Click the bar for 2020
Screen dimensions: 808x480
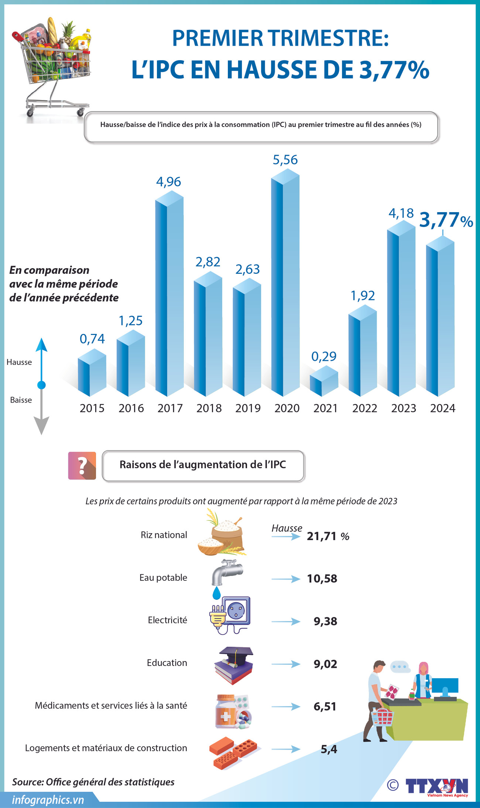285,284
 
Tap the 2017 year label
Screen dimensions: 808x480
170,408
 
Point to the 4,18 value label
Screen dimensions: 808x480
401,213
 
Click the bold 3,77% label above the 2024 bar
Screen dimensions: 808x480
446,220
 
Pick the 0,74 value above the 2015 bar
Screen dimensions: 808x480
92,339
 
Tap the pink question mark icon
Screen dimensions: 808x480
82,466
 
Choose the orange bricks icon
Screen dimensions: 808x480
233,753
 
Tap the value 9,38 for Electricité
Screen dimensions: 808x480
325,621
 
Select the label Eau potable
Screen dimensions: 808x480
163,578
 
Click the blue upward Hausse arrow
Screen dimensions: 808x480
41,360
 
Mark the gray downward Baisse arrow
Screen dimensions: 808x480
41,413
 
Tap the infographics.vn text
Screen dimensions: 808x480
48,800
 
